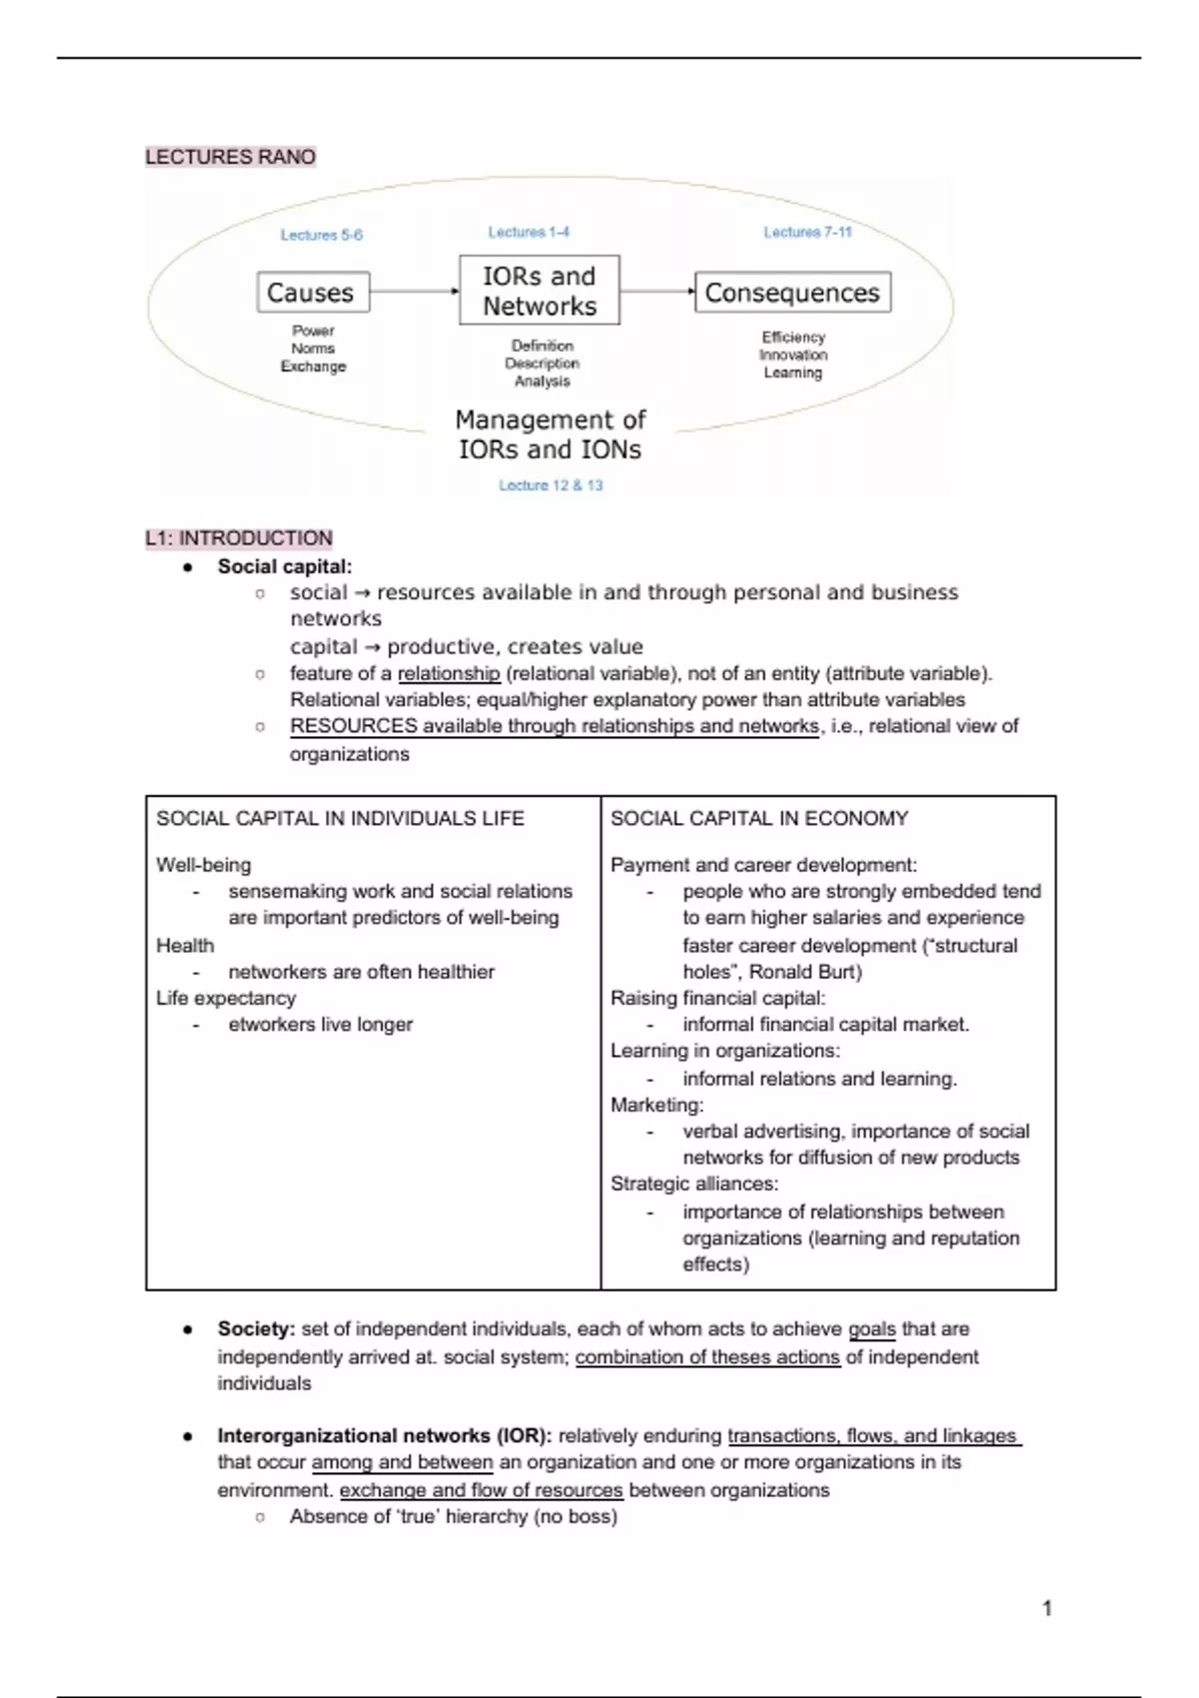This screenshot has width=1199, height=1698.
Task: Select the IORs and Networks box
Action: click(540, 291)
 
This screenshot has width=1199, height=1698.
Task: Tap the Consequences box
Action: click(792, 293)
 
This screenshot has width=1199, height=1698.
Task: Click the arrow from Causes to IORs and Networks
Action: click(414, 292)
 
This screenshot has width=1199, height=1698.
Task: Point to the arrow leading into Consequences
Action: click(656, 292)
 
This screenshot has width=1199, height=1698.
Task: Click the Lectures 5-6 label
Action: click(321, 235)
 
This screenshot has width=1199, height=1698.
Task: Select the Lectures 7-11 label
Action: click(807, 232)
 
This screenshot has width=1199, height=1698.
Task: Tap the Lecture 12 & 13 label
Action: click(551, 485)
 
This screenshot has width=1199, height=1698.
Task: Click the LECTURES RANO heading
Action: click(231, 157)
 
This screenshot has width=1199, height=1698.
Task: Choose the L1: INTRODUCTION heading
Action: click(239, 538)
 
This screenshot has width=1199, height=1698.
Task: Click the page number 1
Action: click(1047, 1608)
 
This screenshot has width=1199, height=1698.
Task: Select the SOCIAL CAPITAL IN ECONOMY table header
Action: click(759, 819)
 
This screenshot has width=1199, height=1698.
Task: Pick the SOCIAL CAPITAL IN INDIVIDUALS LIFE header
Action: click(340, 819)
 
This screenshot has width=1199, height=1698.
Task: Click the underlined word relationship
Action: click(449, 673)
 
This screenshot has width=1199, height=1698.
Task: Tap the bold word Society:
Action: click(257, 1329)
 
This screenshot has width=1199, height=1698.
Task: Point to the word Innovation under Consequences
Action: click(793, 355)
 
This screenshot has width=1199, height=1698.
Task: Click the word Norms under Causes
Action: click(313, 349)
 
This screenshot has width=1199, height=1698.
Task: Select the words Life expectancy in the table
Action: click(226, 998)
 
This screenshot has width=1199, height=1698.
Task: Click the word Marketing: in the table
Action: click(657, 1105)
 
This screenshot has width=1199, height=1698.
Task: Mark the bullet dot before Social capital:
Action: click(187, 567)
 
